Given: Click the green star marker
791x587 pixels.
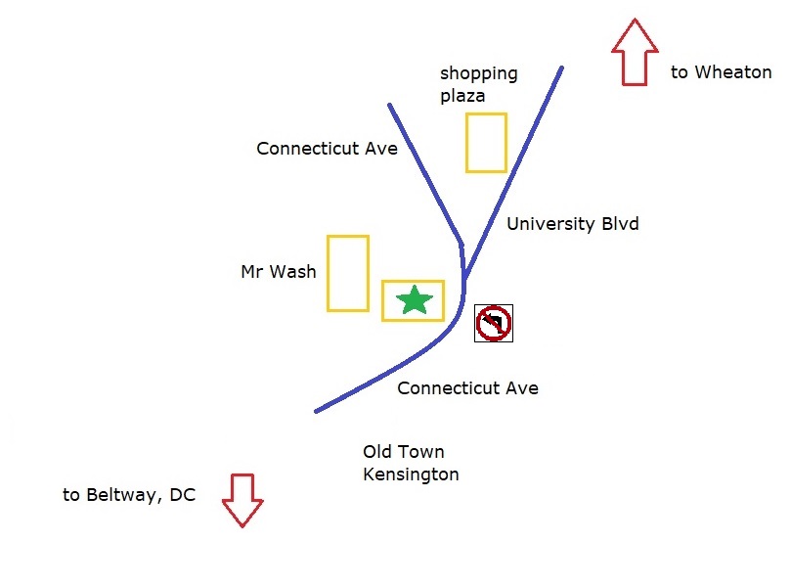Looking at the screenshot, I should pos(415,300).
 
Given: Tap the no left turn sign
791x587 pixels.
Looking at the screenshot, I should pos(494,323).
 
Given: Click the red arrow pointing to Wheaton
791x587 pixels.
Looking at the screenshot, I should pos(633,52).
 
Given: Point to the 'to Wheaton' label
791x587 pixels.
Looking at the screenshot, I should pos(721,72).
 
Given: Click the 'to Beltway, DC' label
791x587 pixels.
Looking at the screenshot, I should pos(129,495).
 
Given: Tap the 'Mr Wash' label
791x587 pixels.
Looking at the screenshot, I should pos(279,272).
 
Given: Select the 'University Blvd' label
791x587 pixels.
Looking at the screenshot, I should pos(572,224).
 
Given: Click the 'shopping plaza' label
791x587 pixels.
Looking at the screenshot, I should pos(478,84).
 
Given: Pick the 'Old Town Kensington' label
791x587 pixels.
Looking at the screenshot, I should pos(411,463).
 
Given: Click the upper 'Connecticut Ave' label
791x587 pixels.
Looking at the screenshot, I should pos(327,149).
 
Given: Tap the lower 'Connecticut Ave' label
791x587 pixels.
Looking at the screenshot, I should pos(467,388).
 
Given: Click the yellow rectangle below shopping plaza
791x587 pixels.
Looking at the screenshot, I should pos(486,143).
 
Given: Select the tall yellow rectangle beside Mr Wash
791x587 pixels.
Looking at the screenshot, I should pos(347,273).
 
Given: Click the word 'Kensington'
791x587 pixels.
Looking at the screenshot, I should pos(411,474).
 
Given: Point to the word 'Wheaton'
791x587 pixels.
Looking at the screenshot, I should pos(734,72).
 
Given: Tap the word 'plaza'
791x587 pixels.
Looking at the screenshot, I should pos(462,96).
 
